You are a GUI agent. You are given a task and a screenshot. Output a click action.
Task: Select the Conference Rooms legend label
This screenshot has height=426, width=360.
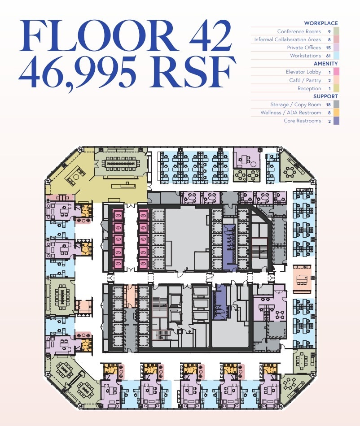(299, 31)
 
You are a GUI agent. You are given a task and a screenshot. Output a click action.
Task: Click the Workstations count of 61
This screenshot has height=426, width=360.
(328, 56)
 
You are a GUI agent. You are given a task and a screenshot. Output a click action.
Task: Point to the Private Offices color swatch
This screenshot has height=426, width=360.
(336, 48)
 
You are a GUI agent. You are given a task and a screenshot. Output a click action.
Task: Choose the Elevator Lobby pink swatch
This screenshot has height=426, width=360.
(336, 72)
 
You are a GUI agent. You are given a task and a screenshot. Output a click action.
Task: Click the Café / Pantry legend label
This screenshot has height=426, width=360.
(305, 80)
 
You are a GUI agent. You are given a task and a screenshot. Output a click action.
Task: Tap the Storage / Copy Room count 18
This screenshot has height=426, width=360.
(328, 104)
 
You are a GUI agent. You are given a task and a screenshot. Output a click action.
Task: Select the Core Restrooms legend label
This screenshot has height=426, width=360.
(303, 121)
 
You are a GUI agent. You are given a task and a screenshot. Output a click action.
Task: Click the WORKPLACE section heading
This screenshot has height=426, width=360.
(321, 23)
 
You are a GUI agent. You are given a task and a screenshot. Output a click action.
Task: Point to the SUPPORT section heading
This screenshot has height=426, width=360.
(325, 96)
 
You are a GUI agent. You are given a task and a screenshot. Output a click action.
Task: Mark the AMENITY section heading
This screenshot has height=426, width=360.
(326, 64)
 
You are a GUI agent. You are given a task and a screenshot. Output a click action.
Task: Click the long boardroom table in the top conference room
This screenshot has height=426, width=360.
(121, 164)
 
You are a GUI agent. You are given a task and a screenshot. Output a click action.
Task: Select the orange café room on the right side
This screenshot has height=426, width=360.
(302, 279)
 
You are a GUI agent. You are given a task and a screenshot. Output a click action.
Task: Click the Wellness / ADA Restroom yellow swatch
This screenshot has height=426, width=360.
(336, 113)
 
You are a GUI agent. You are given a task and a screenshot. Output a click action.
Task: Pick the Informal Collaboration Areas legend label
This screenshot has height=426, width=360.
(288, 39)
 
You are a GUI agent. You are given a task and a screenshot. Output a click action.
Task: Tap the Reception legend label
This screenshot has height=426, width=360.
(309, 88)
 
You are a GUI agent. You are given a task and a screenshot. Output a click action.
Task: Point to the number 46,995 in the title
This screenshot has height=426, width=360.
(78, 72)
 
